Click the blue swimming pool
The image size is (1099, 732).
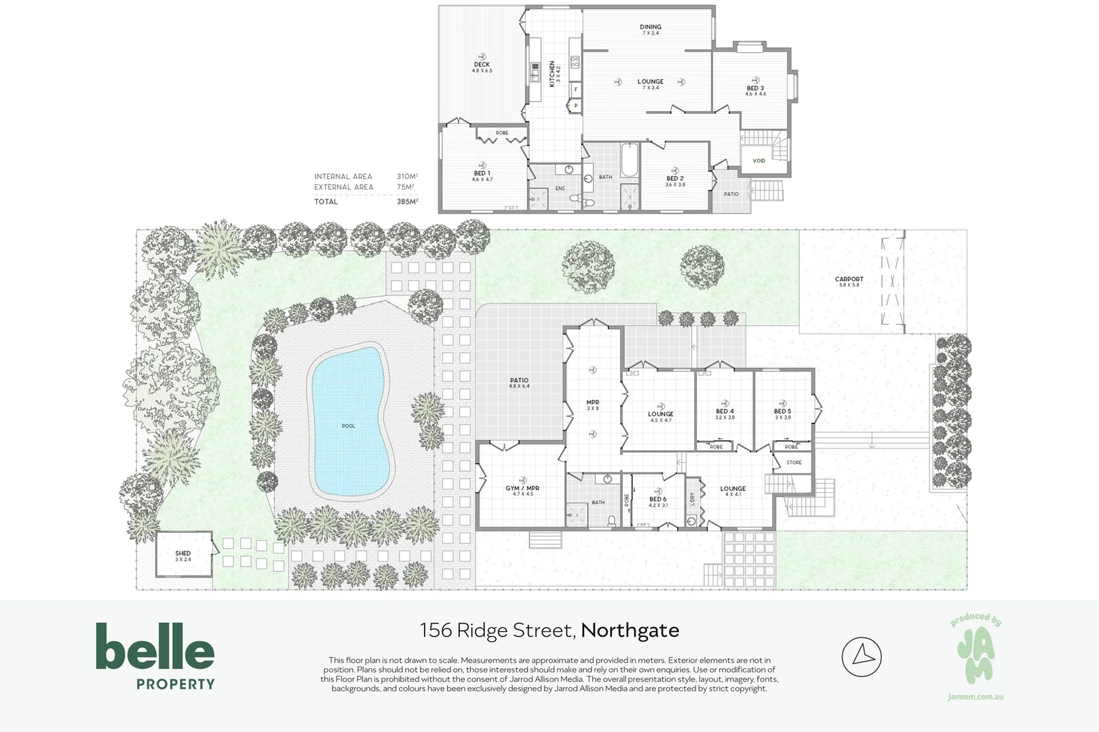(349, 420)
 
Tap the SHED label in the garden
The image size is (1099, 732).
(183, 554)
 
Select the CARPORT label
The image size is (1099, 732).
(849, 279)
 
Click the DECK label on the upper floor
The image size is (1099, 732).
(482, 65)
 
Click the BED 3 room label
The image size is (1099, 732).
(755, 89)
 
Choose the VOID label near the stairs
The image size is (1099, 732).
(758, 161)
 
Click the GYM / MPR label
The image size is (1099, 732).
(522, 488)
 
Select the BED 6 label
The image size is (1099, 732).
(657, 499)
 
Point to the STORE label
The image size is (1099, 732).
(794, 462)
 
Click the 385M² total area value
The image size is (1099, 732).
(407, 201)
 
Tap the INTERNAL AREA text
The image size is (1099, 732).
(343, 176)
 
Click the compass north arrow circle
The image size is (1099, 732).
(861, 656)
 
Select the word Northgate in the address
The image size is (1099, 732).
(630, 630)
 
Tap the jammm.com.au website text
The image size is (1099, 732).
(975, 697)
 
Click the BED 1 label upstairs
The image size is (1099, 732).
(482, 174)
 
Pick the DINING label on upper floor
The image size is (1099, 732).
(650, 27)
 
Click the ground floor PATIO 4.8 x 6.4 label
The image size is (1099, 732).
(519, 381)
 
